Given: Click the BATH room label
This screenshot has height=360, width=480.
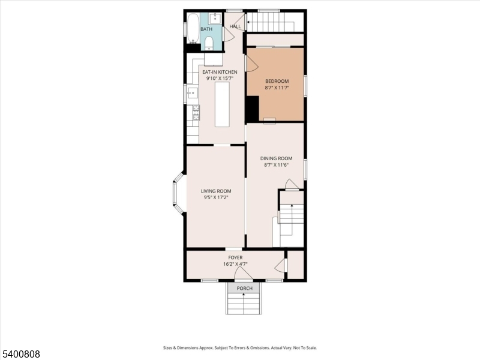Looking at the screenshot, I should click(206, 29).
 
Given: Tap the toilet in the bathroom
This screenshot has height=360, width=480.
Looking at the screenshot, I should click(208, 42).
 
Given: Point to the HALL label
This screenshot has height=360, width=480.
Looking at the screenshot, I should click(235, 26).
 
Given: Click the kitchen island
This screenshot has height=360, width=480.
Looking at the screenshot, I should click(222, 104).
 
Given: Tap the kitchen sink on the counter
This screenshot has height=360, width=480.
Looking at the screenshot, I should click(193, 93).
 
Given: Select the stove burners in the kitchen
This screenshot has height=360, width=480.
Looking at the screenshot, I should click(196, 112).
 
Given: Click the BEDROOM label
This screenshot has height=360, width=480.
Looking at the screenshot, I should click(277, 81).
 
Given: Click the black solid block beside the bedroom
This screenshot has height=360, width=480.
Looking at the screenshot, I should click(252, 109).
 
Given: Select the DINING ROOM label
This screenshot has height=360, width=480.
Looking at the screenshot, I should click(275, 158).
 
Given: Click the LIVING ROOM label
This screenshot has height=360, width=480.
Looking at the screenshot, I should click(216, 191).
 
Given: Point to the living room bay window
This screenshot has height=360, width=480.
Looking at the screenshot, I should click(178, 192).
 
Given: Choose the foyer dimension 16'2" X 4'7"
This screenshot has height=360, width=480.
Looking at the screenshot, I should click(235, 263).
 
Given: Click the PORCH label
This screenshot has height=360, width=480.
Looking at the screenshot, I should click(245, 289).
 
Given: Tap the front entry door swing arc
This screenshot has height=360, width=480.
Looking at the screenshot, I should click(243, 274).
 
